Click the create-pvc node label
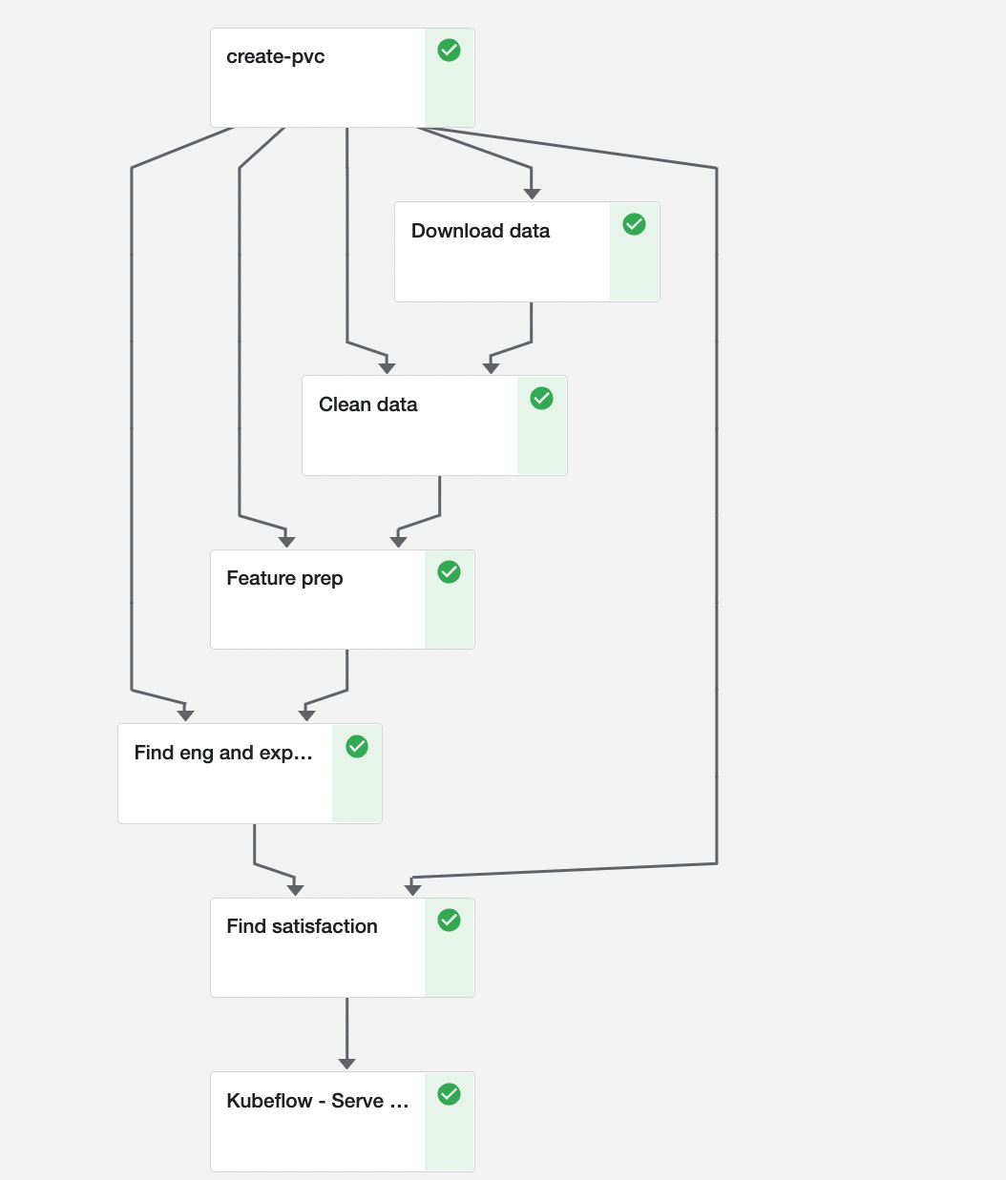point(275,57)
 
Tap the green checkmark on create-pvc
point(449,51)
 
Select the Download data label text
point(480,231)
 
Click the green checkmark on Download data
point(634,224)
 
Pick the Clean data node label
point(367,404)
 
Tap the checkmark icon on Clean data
point(541,398)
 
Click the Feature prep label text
point(284,578)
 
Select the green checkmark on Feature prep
point(449,571)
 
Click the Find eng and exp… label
point(223,753)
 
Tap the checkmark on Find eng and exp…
point(357,746)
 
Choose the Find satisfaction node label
point(302,926)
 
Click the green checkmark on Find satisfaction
point(449,920)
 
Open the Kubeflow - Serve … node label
point(317,1101)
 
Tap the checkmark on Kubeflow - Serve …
point(449,1094)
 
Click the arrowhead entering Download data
point(532,194)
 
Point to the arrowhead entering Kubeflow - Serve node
point(346,1064)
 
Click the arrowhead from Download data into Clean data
point(491,367)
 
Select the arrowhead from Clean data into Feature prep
point(398,542)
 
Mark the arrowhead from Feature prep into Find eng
point(306,715)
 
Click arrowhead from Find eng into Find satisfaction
point(295,890)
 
